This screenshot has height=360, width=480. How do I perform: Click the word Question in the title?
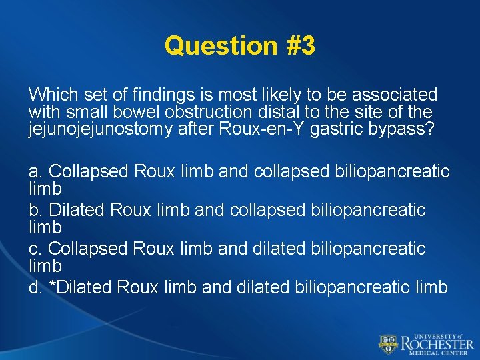coord(219,46)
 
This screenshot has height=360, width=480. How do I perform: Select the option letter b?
coord(35,210)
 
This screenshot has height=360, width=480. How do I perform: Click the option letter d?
coord(35,287)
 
